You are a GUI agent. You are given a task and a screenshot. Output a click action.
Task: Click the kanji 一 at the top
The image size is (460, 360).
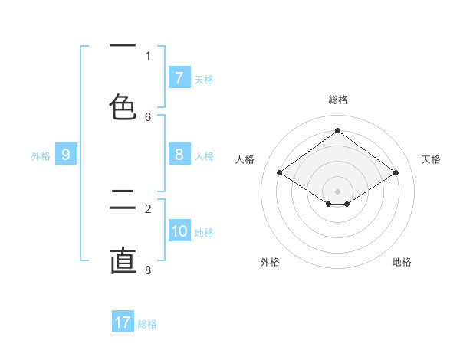[123, 46]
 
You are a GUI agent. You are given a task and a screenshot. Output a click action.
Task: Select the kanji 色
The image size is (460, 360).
[123, 107]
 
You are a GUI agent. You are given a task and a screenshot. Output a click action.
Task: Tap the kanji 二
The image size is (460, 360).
[123, 200]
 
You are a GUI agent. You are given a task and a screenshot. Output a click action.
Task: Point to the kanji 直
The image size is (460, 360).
[123, 261]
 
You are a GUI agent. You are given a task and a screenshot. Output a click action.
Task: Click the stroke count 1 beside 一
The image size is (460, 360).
[148, 55]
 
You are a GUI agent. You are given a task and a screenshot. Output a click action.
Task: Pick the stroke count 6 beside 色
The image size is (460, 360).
[148, 116]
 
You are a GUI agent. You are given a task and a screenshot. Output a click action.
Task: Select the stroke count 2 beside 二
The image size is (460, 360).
[148, 208]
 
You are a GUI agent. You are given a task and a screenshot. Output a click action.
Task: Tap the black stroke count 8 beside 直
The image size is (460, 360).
[148, 270]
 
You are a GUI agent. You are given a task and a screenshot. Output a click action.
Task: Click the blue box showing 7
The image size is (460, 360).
[179, 78]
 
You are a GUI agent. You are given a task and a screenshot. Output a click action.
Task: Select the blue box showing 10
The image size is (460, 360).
[179, 231]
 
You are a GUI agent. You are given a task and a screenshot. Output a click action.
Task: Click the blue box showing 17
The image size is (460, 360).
[123, 322]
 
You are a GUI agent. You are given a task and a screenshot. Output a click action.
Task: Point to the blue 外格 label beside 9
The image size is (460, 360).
[41, 156]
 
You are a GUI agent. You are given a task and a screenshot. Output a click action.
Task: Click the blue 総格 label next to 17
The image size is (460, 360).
[147, 324]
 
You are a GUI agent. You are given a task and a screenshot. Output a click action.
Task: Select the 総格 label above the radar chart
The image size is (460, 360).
[338, 100]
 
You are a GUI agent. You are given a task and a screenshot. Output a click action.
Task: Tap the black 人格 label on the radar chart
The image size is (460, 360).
[245, 159]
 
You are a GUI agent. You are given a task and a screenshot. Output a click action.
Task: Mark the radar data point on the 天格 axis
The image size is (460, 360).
[396, 173]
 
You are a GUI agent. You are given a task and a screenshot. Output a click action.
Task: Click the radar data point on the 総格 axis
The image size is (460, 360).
[337, 131]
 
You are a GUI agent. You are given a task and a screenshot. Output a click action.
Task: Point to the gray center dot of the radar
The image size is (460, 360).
[337, 191]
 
